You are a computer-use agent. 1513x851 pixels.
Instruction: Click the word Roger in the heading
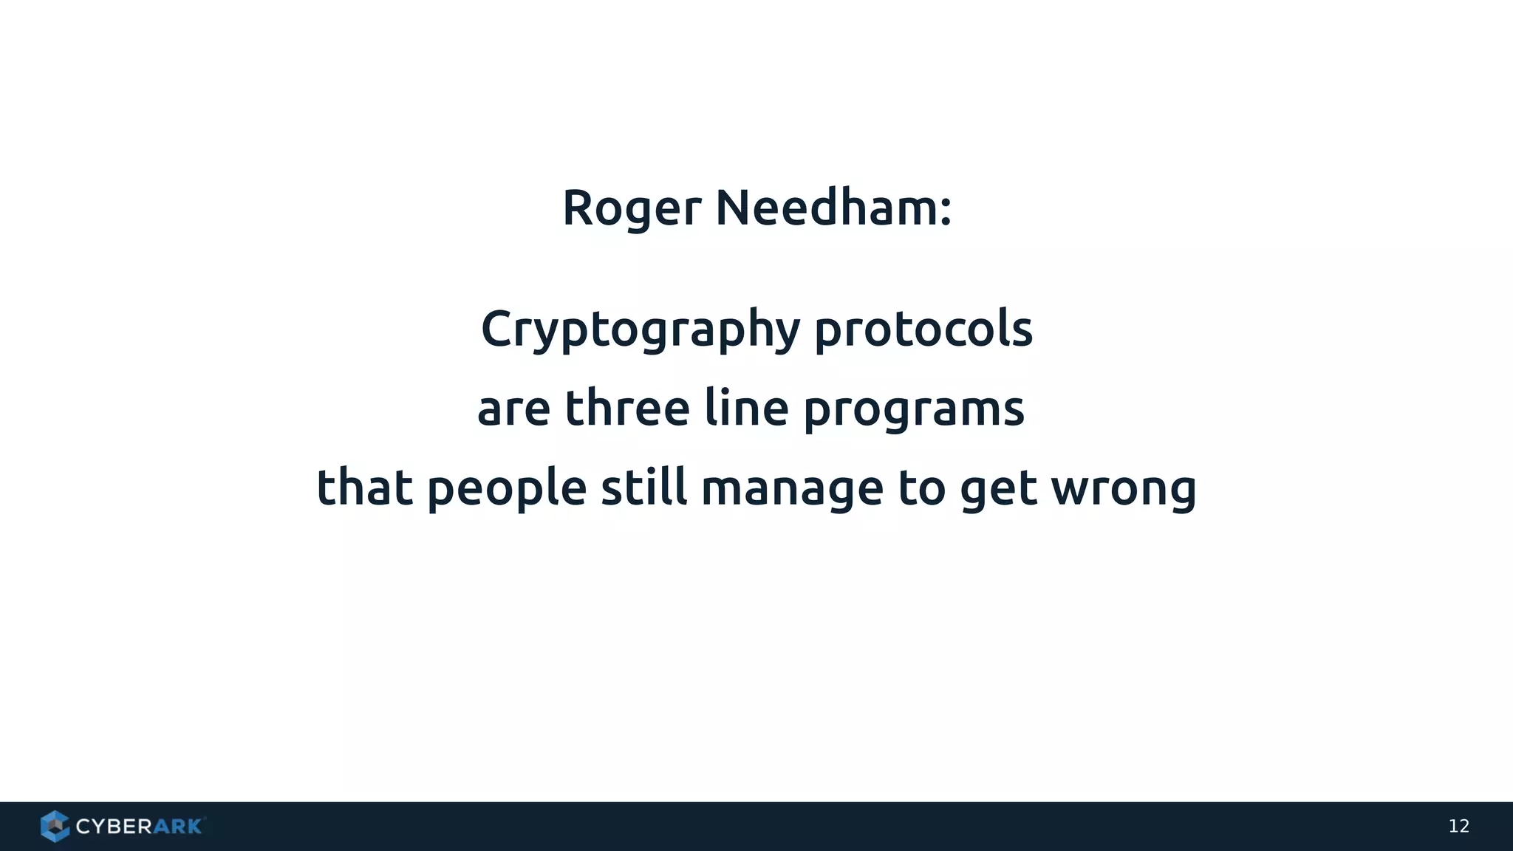click(632, 208)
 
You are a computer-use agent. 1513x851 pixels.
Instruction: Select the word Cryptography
click(641, 329)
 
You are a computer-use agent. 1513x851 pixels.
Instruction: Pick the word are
click(513, 410)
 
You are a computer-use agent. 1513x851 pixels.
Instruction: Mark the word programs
click(914, 410)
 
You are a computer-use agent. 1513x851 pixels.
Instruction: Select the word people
click(507, 489)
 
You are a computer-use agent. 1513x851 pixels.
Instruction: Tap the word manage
click(792, 490)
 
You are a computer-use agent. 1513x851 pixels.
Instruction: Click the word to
click(921, 488)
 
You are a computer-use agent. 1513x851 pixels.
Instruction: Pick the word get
click(998, 490)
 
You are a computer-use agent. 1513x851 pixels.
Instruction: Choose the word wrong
click(1124, 490)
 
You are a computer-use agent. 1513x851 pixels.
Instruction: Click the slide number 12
click(1458, 826)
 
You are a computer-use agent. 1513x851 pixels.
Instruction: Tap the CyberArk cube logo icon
click(55, 826)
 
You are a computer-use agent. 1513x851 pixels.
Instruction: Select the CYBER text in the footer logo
click(115, 827)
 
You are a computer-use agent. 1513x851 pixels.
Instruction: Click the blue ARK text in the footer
click(177, 827)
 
